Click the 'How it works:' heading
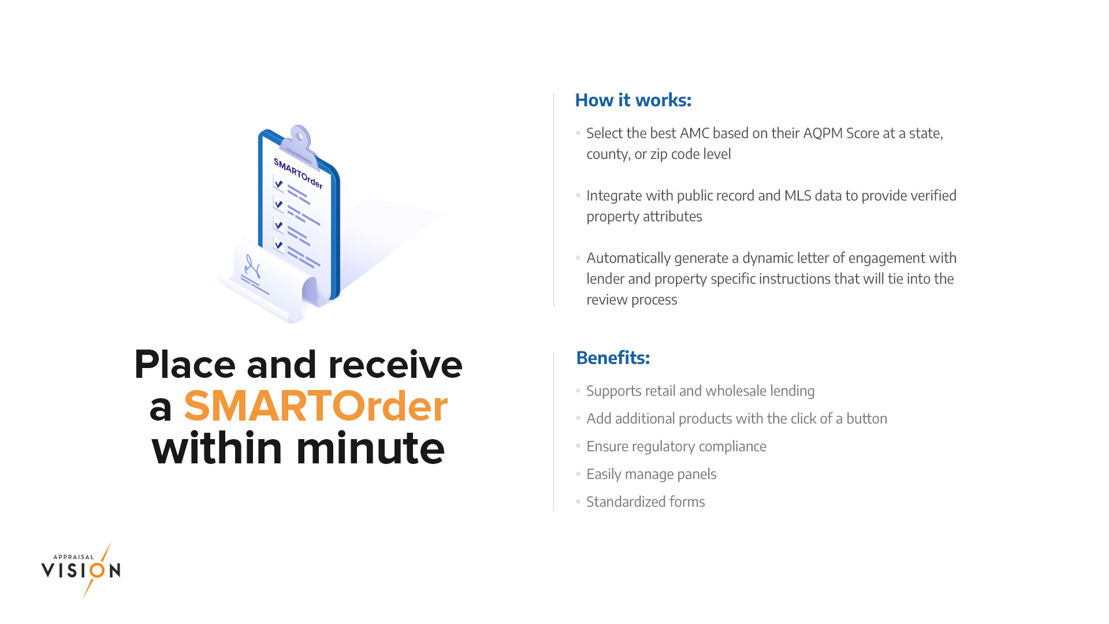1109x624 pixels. coord(633,100)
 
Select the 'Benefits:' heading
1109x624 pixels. coord(613,358)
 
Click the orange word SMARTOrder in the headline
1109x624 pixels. coord(316,406)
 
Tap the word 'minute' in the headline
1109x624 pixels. coord(370,448)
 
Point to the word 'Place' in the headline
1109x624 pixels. coord(185,365)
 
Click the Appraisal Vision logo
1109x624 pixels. coord(81,570)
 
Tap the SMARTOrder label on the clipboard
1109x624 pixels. coord(298,173)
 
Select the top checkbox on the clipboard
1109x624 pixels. coord(278,184)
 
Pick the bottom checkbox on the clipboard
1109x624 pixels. coord(278,245)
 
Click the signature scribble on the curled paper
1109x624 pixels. coord(252,267)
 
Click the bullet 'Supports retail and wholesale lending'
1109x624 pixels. coord(701,391)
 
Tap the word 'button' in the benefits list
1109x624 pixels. coord(866,419)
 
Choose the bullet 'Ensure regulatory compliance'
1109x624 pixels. coord(676,447)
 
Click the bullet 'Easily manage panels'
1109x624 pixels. coord(652,474)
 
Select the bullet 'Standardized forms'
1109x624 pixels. coord(646,502)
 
